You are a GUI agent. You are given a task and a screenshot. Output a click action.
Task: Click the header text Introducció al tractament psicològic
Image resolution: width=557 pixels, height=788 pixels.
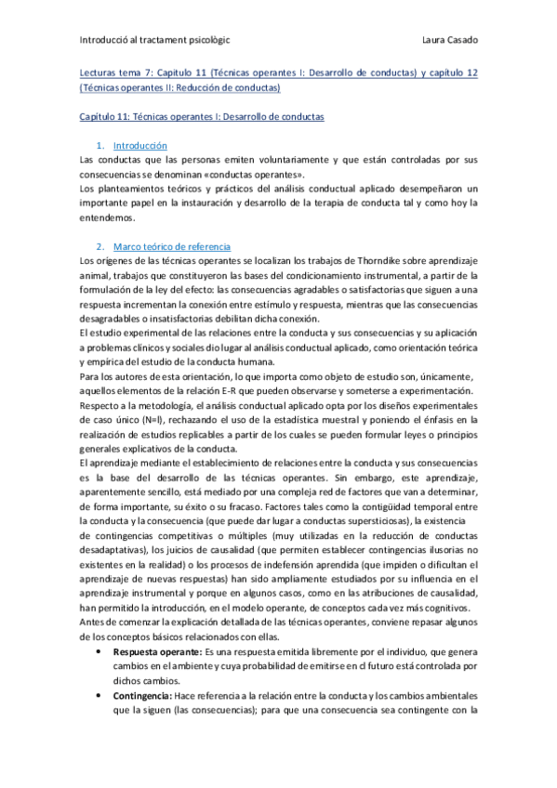[156, 40]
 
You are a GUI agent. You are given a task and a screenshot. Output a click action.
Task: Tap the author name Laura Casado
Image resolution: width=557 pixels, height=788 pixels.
[449, 40]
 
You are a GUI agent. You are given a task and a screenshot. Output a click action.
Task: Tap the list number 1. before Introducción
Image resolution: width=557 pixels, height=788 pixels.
[100, 147]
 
